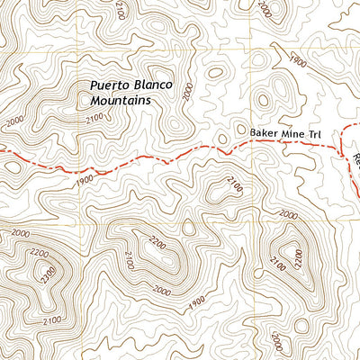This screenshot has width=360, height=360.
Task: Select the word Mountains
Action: tap(120, 101)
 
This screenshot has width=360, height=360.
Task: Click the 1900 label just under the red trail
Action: tap(85, 180)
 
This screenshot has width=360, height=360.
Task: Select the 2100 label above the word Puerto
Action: tap(120, 10)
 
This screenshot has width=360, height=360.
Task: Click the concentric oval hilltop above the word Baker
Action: tap(266, 100)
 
